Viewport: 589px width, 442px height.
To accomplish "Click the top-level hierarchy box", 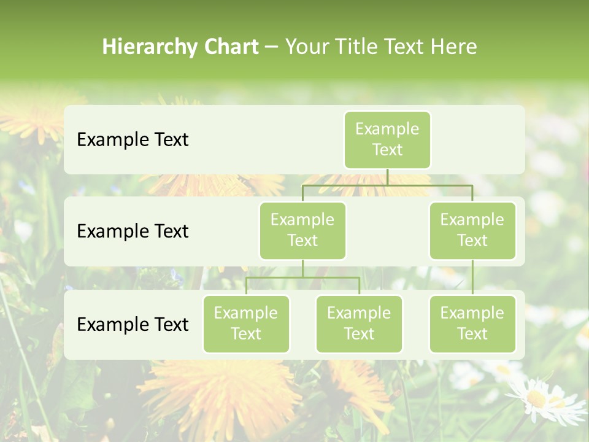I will [x=387, y=139].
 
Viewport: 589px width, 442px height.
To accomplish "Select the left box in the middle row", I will [x=302, y=230].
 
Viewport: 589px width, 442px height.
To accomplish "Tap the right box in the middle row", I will [x=472, y=230].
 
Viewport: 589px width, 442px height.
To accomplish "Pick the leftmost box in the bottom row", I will [x=246, y=324].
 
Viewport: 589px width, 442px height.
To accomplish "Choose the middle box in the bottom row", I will [x=359, y=324].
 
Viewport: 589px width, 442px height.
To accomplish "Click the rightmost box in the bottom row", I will [x=472, y=324].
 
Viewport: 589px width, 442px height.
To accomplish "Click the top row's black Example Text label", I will [x=133, y=140].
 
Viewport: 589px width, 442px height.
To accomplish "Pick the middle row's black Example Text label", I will [x=133, y=231].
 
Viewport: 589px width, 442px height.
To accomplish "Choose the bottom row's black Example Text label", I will [x=133, y=325].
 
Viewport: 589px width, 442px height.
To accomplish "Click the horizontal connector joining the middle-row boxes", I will [x=387, y=185].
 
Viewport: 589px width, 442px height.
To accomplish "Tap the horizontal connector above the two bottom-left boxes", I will [x=302, y=277].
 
